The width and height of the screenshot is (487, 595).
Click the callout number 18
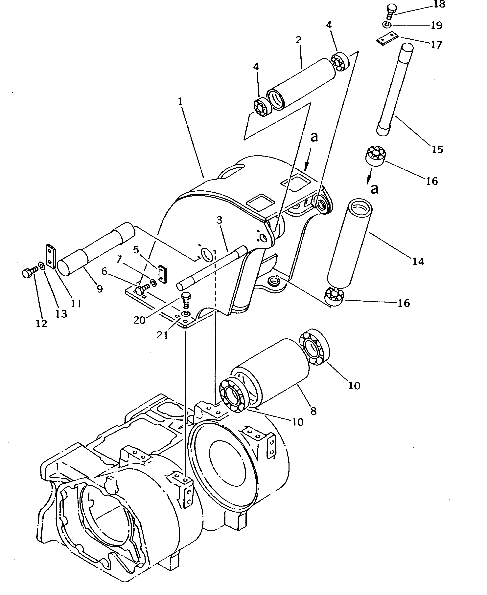[439, 5]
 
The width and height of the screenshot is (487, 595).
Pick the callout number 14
[418, 262]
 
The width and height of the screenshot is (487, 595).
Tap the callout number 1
[180, 101]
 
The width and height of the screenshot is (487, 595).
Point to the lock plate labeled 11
[51, 256]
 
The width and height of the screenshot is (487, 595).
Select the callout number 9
[100, 288]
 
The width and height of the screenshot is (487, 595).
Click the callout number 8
[313, 411]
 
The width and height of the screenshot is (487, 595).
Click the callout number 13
[61, 314]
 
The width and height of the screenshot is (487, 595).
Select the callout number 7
[119, 260]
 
